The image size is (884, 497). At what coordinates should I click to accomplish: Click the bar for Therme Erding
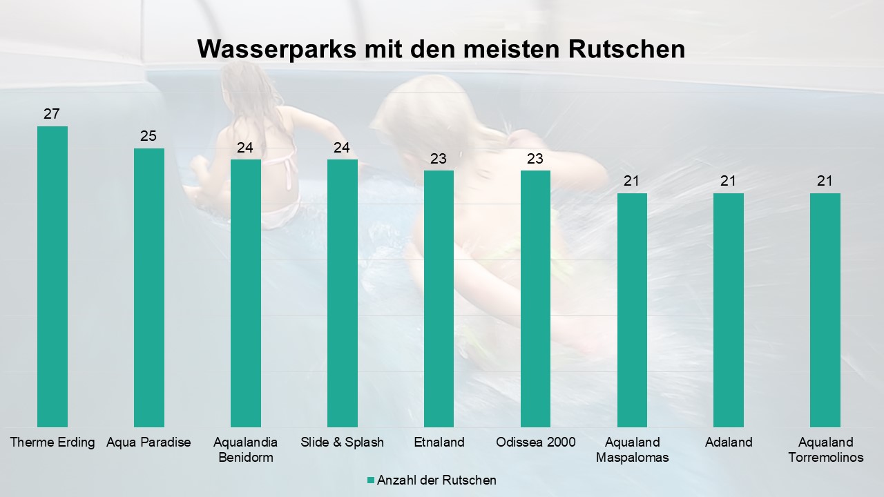click(x=52, y=276)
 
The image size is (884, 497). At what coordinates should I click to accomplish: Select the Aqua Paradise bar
click(x=149, y=287)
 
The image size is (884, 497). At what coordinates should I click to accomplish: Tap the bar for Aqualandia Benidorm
click(x=246, y=293)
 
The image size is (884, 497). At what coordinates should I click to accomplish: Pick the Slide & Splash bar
click(x=343, y=293)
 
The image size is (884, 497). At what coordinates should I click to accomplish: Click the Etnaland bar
click(x=439, y=298)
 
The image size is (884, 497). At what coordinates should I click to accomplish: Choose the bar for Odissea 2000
click(x=535, y=298)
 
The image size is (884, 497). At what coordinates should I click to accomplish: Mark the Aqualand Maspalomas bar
click(x=632, y=310)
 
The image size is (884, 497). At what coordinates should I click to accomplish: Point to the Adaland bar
click(x=729, y=310)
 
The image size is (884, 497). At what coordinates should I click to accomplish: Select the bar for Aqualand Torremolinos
click(x=825, y=310)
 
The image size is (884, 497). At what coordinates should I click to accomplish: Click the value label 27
click(x=52, y=114)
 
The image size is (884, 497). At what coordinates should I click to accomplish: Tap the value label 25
click(x=148, y=136)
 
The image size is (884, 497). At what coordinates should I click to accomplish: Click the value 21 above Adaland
click(x=729, y=181)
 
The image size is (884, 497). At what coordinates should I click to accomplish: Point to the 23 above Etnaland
click(x=439, y=159)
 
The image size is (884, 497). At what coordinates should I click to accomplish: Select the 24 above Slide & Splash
click(x=342, y=148)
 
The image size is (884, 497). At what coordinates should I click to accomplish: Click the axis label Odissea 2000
click(x=536, y=442)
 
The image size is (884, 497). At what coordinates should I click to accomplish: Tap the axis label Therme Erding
click(x=52, y=442)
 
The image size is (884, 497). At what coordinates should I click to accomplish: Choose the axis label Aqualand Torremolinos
click(x=825, y=449)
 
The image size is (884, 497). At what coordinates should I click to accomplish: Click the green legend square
click(x=371, y=480)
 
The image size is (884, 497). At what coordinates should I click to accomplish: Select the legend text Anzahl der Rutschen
click(x=436, y=480)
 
